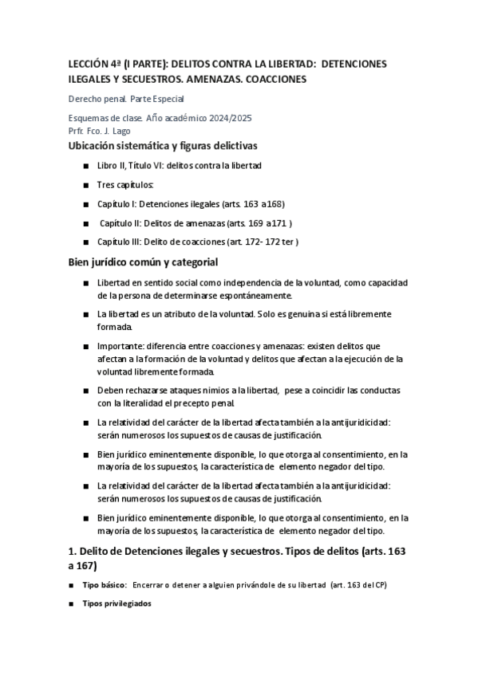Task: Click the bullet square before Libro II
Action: [x=85, y=165]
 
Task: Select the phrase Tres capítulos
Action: [x=125, y=184]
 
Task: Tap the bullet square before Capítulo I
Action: [x=85, y=203]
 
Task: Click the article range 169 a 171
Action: [x=268, y=222]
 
